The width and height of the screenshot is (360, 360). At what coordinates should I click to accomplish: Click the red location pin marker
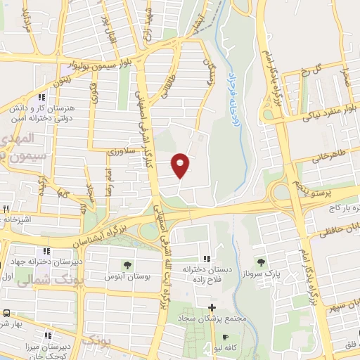(x=181, y=164)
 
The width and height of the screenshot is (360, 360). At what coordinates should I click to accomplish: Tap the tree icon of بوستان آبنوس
(x=127, y=265)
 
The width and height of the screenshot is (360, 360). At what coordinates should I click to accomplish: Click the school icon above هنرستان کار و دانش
(x=43, y=98)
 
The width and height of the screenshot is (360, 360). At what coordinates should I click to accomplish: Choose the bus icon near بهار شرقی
(x=6, y=313)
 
